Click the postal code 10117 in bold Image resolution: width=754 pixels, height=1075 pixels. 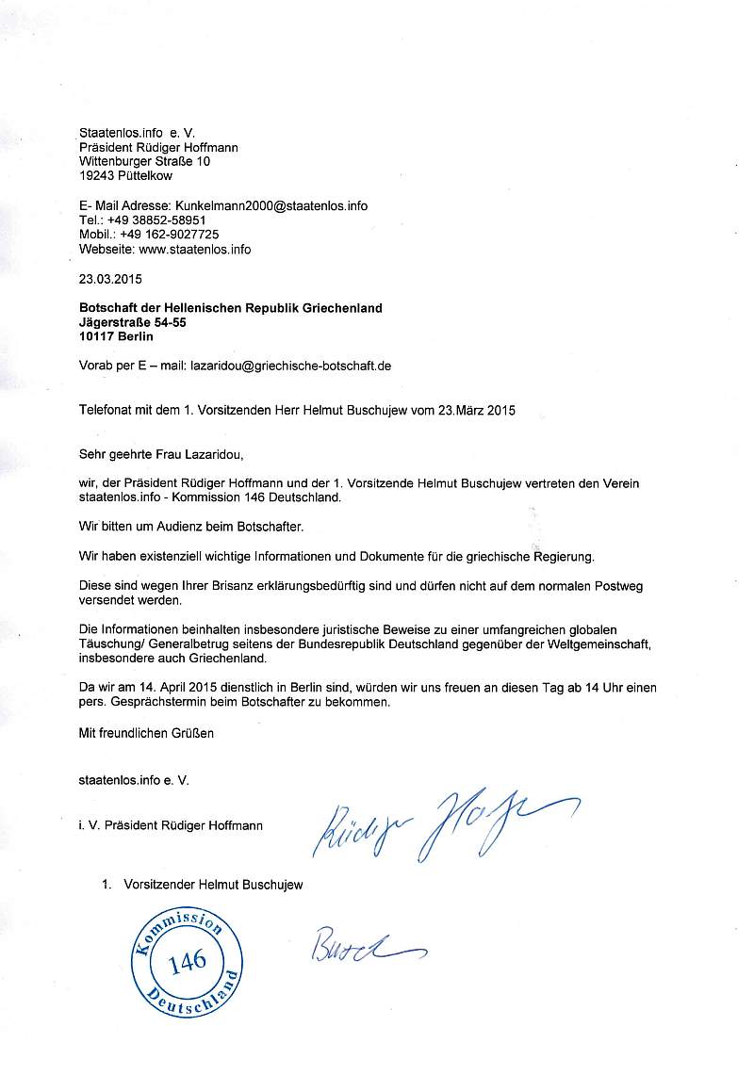pos(98,336)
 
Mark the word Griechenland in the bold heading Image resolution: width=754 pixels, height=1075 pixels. pos(339,308)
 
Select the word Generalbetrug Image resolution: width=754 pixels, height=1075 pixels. pos(186,643)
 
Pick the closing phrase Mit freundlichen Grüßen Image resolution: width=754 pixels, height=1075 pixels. pos(146,733)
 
